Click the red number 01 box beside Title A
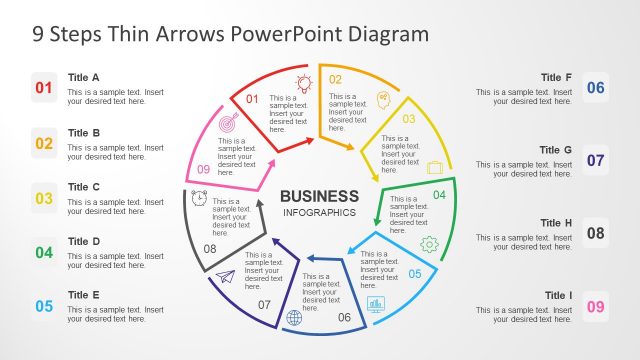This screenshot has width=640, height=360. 44,88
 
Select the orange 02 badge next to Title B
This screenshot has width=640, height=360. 44,143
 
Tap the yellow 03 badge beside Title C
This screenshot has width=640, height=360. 44,198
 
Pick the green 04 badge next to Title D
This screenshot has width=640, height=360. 44,252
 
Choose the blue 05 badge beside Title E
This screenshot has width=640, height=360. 44,307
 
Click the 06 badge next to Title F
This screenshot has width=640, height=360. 596,88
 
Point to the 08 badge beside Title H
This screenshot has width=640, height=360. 596,233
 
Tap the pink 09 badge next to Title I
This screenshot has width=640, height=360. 596,306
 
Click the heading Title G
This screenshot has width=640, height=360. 555,150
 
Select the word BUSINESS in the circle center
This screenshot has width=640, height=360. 319,196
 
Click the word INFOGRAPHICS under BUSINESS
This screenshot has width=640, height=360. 319,213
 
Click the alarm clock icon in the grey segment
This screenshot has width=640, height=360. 200,198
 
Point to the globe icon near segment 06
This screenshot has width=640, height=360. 294,318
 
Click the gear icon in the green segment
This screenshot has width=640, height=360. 430,243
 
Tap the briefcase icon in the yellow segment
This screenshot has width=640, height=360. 435,167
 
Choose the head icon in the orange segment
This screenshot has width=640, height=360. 384,98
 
